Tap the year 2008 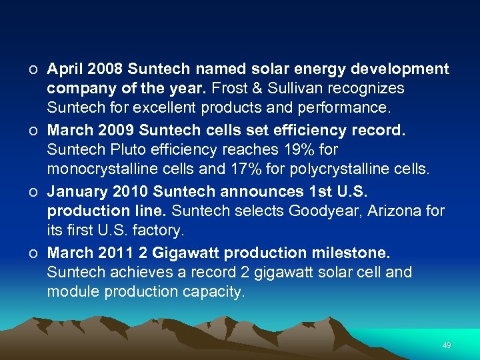click(105, 69)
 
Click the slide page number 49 click(447, 345)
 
